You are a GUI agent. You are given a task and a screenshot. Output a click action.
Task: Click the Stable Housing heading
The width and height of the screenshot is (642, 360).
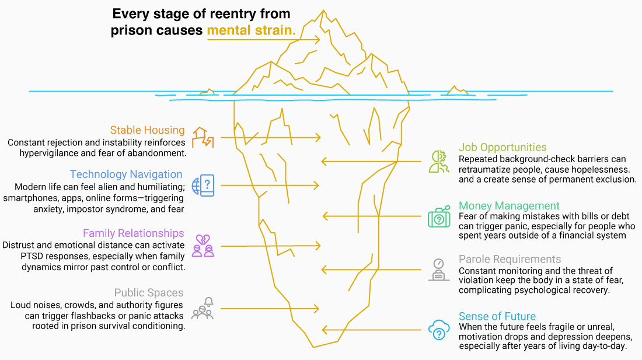147,130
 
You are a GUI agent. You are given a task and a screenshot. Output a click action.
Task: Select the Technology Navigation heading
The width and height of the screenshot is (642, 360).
126,174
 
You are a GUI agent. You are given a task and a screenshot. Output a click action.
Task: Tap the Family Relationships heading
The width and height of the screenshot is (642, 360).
134,234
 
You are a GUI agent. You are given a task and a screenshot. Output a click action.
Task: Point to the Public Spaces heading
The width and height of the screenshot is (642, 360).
149,293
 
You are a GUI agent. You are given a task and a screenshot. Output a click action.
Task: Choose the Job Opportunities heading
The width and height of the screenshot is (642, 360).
503,148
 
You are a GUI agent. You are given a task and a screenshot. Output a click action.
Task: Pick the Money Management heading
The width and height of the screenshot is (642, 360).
509,206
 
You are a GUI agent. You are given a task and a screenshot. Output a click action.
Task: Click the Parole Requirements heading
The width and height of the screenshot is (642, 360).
510,259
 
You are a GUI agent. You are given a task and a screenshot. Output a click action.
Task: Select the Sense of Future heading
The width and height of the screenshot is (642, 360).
497,317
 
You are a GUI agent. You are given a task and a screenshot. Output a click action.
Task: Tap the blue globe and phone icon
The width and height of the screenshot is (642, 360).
204,185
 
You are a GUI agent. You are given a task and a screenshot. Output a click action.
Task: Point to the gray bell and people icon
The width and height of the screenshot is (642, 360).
203,308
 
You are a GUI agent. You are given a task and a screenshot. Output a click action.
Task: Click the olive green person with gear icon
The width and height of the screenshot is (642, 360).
438,160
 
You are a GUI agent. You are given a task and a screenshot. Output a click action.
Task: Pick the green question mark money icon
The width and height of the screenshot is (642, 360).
438,217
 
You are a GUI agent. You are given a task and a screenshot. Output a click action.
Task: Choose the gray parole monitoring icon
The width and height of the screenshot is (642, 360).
438,269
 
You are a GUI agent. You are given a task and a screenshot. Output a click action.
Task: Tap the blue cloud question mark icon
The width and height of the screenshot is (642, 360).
438,330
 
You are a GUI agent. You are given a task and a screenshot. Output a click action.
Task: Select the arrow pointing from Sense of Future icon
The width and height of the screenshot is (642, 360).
374,330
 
